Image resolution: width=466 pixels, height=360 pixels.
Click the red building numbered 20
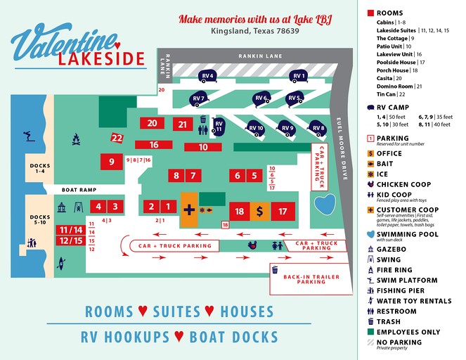pos(153,123)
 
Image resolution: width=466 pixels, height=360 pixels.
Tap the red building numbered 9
pos(112,162)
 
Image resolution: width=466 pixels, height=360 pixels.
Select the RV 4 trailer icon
pos(207,76)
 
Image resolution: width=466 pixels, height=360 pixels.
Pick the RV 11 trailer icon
pos(219,126)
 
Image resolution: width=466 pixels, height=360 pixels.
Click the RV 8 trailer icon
pos(318,128)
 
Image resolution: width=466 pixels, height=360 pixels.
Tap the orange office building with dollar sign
pos(259,210)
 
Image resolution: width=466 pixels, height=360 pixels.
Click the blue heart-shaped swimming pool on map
pos(324,205)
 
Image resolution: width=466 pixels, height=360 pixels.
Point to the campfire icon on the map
pos(76,141)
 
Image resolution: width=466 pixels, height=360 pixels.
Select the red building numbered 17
pos(283,210)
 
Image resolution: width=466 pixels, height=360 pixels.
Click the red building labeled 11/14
pos(71,230)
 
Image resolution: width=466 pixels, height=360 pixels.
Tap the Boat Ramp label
pos(78,190)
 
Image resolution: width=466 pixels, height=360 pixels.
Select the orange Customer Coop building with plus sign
pos(189,210)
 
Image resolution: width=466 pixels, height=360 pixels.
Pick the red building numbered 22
pos(117,138)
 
